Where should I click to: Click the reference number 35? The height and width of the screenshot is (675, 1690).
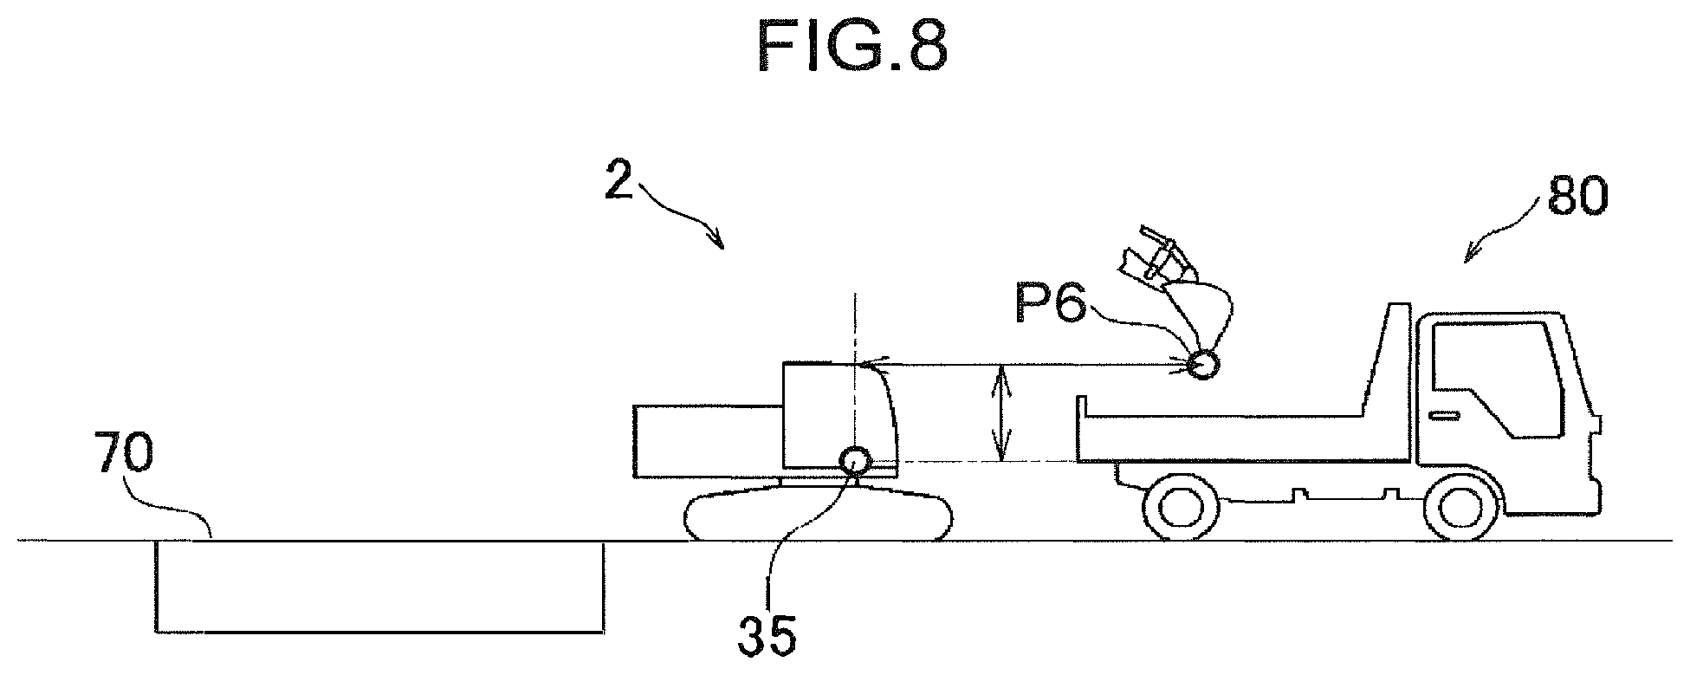pyautogui.click(x=767, y=638)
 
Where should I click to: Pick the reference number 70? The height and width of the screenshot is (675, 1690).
pyautogui.click(x=126, y=455)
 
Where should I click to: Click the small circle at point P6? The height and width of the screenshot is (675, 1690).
pyautogui.click(x=1203, y=366)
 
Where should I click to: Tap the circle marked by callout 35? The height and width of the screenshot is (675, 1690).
pyautogui.click(x=855, y=460)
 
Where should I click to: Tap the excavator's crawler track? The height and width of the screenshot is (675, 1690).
pyautogui.click(x=819, y=516)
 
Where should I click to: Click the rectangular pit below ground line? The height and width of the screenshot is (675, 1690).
pyautogui.click(x=379, y=586)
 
